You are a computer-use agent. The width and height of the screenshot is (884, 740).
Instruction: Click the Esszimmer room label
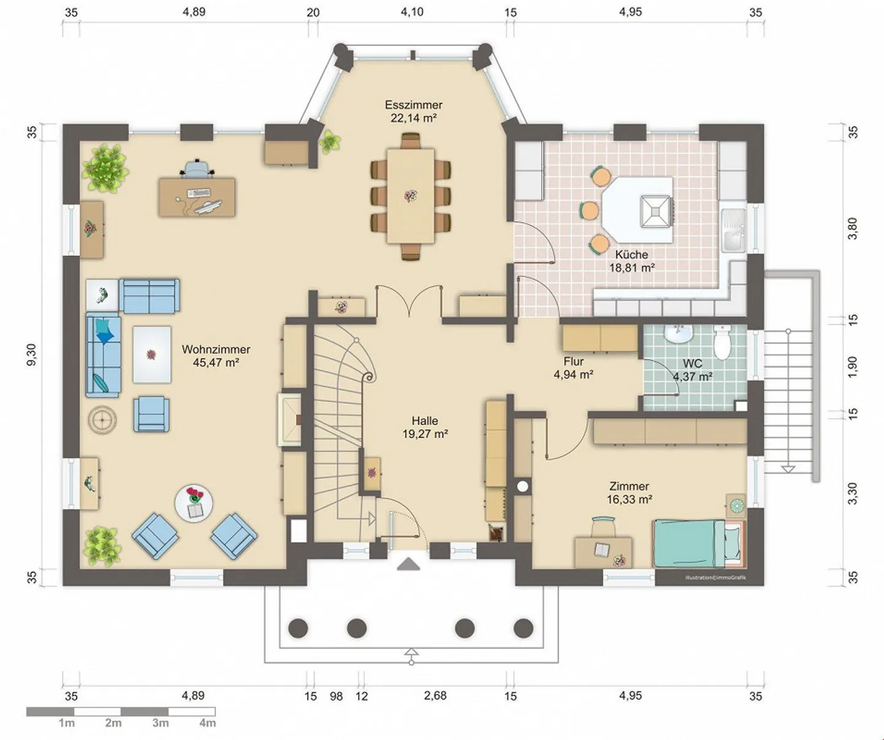[413, 104]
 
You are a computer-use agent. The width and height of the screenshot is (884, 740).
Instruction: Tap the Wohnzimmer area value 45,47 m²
[215, 363]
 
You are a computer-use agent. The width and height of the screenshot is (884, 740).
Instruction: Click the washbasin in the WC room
[679, 333]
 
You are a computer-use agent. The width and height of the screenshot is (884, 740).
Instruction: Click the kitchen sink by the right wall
[734, 230]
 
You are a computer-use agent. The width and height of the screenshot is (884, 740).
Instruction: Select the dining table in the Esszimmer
[410, 196]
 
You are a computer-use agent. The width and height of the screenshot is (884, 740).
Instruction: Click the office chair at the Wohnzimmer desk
[196, 168]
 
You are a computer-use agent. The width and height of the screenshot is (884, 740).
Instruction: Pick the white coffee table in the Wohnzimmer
[152, 354]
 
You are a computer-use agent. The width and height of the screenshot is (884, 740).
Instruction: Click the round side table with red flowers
[194, 503]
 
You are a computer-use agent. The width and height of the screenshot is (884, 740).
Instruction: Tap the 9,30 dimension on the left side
[31, 355]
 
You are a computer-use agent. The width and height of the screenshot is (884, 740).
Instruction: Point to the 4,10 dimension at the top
[412, 12]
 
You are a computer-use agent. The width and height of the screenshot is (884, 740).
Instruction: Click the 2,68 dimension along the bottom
[435, 695]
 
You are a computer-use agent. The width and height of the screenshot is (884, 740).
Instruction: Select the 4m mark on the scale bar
[207, 723]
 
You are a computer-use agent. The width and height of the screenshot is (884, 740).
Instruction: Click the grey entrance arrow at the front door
[408, 564]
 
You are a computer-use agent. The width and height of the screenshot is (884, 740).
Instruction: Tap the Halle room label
[425, 421]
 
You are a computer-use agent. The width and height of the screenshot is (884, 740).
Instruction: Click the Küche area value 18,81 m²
[632, 268]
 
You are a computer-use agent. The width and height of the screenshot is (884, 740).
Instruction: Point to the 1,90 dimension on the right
[853, 367]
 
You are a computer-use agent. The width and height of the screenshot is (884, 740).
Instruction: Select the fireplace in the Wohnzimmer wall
[291, 420]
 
